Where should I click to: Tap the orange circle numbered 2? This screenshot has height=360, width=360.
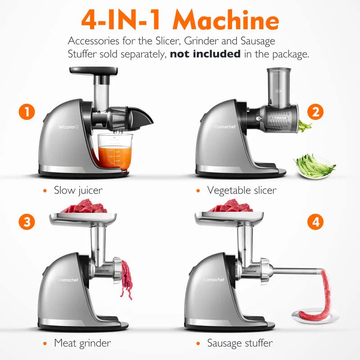point(315,111)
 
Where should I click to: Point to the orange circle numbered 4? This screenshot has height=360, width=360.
point(315,221)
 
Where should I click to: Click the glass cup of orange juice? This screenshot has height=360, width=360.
point(115,152)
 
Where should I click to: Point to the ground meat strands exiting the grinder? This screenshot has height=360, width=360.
point(126,279)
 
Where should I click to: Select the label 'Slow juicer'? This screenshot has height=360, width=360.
point(78,190)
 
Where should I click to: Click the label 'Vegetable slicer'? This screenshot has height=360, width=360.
point(242,190)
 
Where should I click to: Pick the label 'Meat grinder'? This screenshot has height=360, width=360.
point(82,343)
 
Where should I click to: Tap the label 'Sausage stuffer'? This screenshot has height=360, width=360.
point(240,343)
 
